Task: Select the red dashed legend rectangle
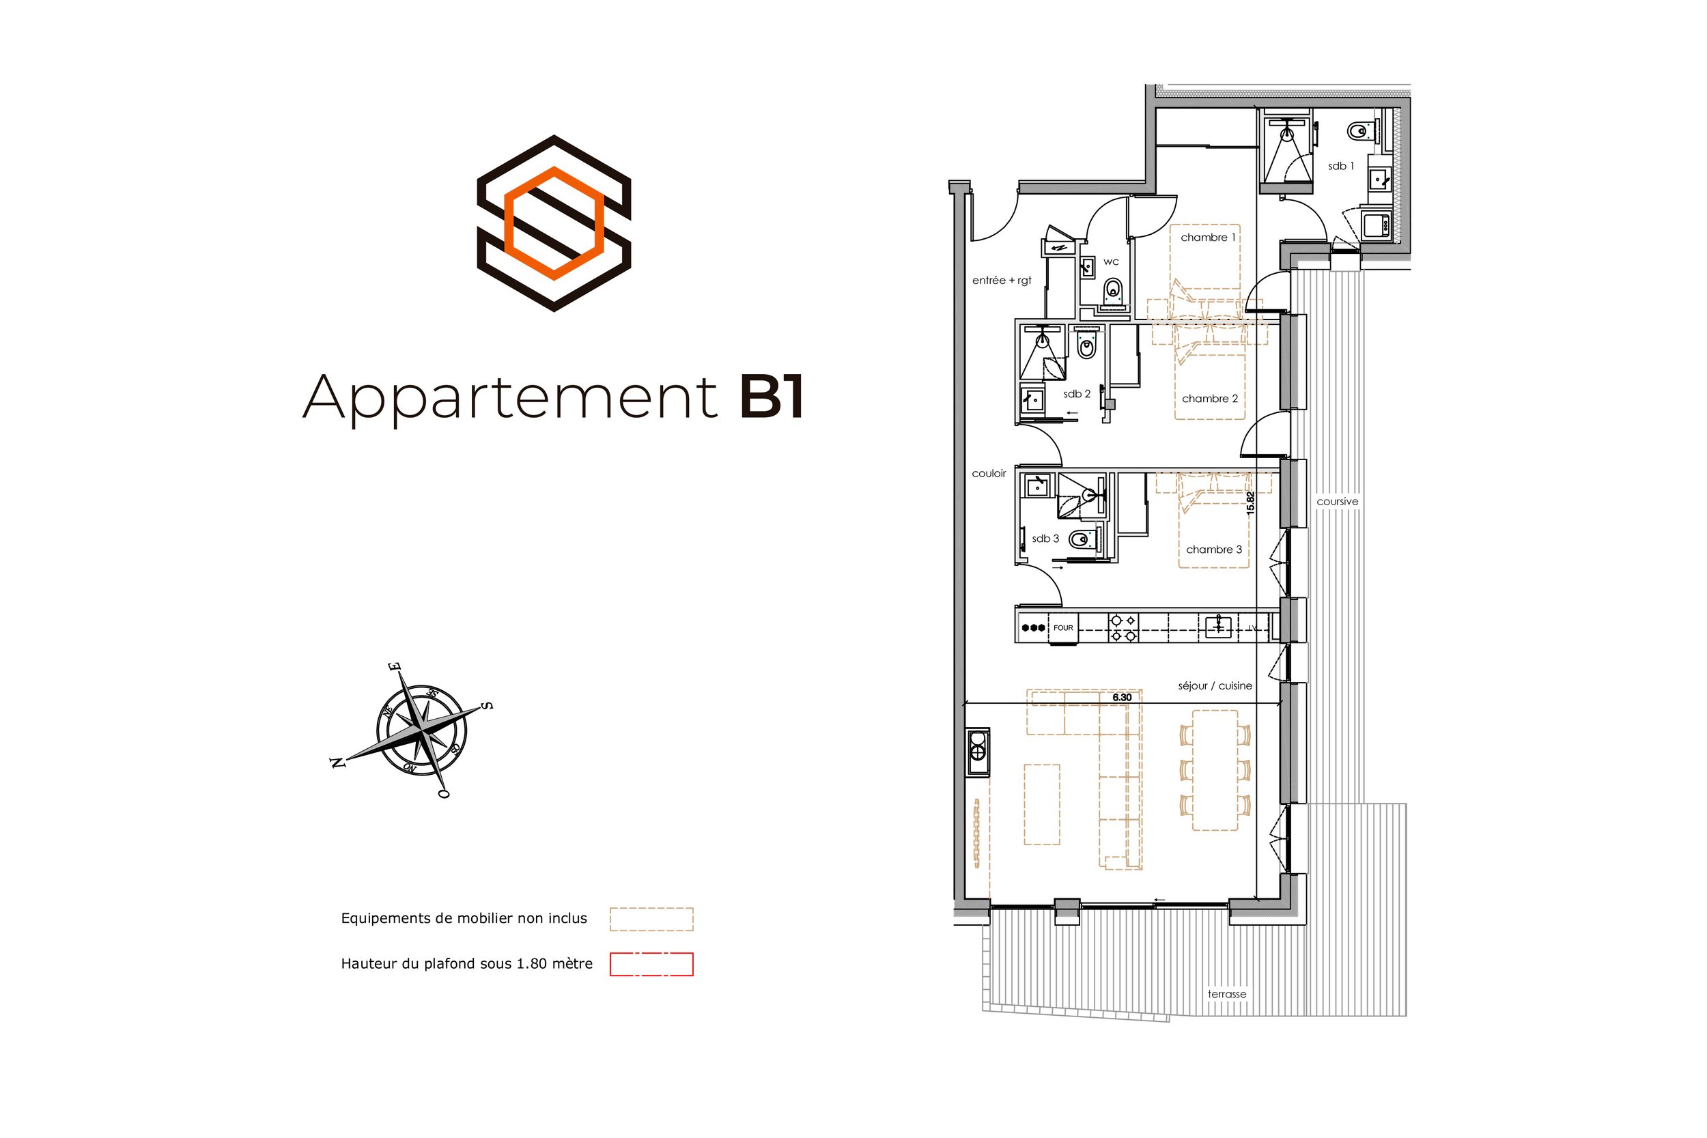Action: coord(651,964)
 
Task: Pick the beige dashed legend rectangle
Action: coord(651,919)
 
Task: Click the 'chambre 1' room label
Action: coord(1208,238)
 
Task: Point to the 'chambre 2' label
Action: coord(1210,399)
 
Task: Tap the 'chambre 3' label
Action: coord(1213,550)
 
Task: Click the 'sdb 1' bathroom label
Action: coord(1340,166)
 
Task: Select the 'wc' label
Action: coord(1111,262)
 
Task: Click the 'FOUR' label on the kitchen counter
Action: coord(1062,628)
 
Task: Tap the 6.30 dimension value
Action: coord(1122,698)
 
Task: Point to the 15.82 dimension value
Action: coord(1250,503)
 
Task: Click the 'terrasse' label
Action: coord(1226,994)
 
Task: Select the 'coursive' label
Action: coord(1337,502)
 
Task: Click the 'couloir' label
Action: coord(989,474)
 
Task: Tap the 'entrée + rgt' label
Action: coord(1002,281)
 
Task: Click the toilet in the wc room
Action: coord(1112,291)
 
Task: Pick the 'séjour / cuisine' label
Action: coord(1215,686)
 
